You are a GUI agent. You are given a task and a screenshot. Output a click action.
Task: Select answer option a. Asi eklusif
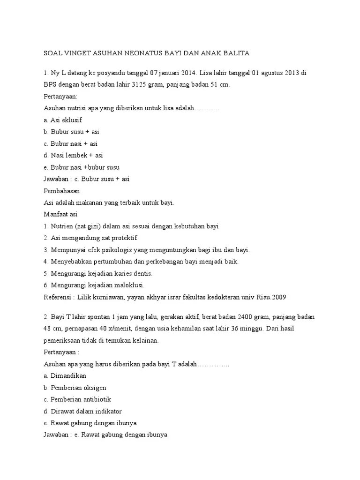62,120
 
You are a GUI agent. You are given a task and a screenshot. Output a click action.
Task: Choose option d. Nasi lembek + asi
73,155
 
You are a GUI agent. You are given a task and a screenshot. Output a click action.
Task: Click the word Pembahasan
61,191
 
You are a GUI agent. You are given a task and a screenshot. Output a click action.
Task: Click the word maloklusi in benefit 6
130,285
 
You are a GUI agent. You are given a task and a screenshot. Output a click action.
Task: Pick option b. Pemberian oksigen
75,388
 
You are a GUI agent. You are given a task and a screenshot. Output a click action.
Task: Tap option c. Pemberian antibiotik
77,399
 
